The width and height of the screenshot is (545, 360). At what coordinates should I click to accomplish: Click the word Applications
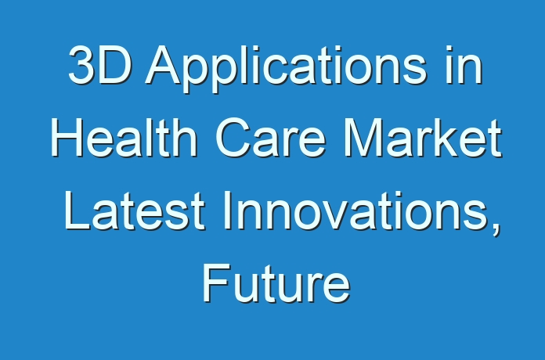click(287, 69)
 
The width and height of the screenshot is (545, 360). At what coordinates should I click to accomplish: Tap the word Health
click(125, 137)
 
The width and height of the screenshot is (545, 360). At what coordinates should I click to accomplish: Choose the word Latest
click(134, 211)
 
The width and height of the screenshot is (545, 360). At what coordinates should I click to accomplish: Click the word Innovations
click(361, 212)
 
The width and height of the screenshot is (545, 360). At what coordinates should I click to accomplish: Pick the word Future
click(276, 283)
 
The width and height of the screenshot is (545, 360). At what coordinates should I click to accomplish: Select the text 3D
click(100, 65)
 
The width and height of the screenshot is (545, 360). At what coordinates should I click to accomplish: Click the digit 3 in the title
click(81, 65)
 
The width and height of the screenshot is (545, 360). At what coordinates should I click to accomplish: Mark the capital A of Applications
click(164, 65)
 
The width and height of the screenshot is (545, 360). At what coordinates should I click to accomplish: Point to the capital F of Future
click(215, 283)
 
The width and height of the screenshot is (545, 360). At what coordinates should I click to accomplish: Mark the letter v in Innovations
click(345, 215)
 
